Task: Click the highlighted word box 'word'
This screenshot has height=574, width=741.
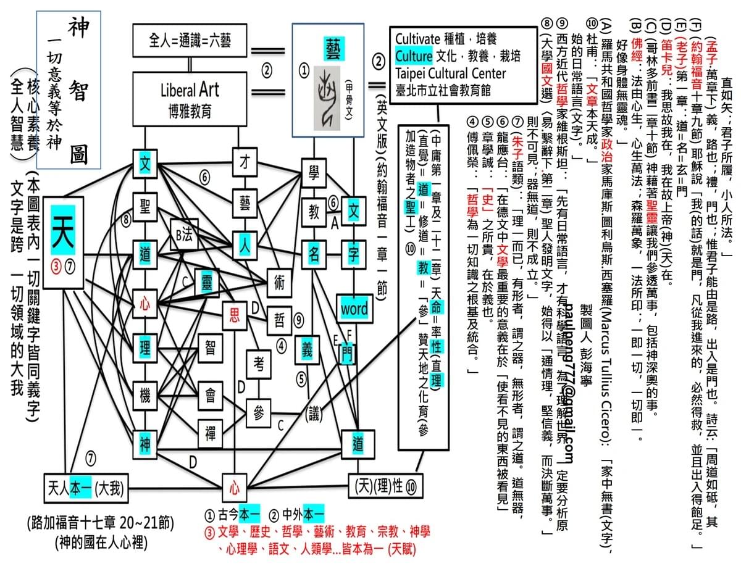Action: (354, 308)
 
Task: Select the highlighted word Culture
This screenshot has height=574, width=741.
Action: (414, 57)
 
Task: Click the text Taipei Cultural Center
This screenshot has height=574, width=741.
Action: (450, 73)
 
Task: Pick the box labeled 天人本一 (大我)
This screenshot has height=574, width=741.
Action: (86, 489)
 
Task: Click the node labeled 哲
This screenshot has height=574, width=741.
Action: (279, 320)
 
